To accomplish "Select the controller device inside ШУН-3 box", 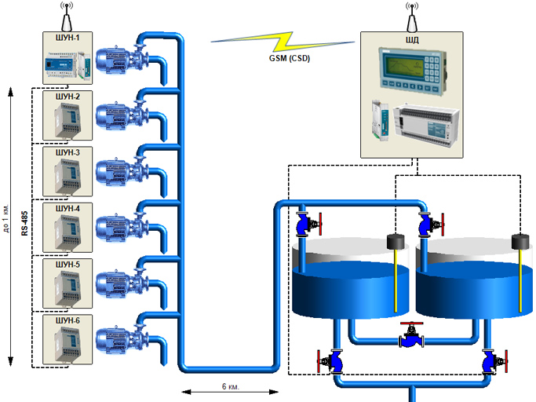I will coord(68,177).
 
